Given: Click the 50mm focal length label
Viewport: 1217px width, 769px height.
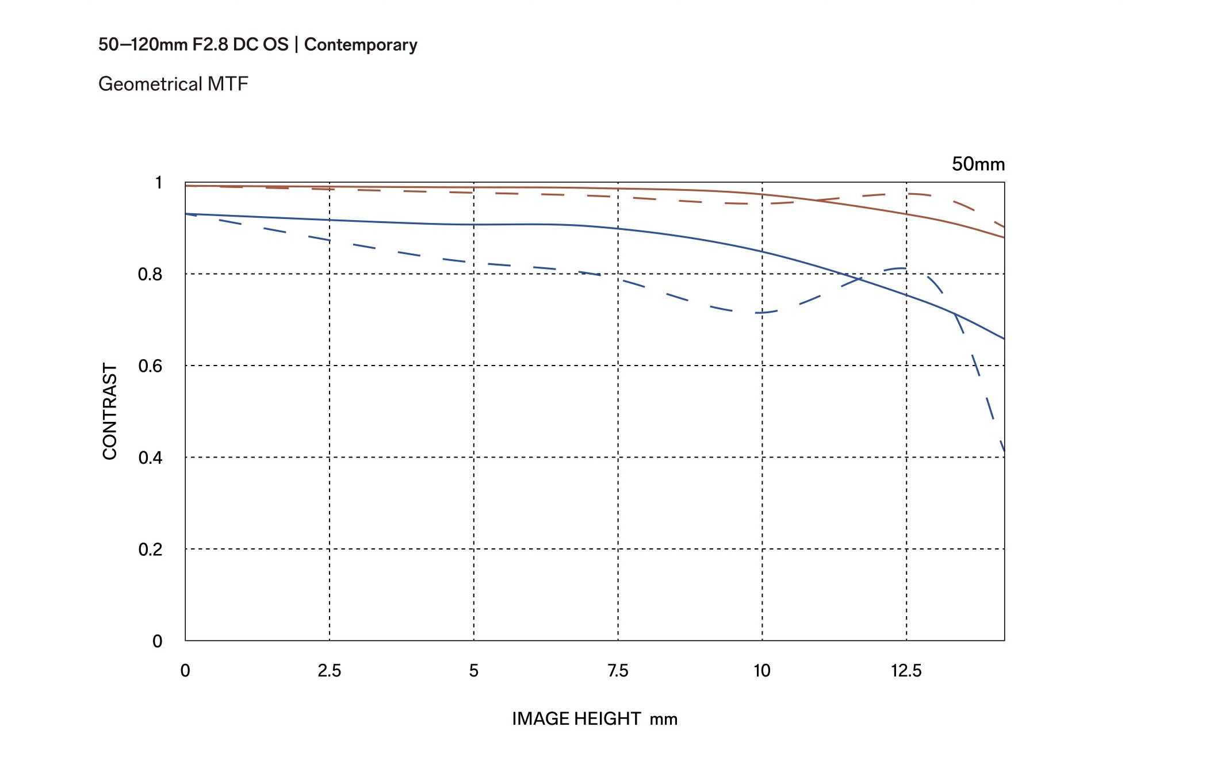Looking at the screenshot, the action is [978, 164].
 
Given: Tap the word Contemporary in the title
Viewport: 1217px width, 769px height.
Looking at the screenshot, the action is [361, 45].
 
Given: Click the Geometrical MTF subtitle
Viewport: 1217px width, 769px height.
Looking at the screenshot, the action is [173, 84].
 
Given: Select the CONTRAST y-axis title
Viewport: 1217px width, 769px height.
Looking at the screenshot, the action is [109, 411].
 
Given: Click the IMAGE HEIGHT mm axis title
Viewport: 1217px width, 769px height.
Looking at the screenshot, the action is [595, 718].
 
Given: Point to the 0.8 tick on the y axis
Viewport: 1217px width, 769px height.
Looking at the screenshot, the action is [150, 274].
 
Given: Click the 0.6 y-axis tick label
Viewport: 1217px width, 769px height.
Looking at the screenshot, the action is [150, 366].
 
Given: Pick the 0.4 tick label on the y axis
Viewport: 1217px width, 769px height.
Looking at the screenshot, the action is [150, 457].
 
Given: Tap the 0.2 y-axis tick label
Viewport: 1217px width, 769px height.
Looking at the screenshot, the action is [150, 549].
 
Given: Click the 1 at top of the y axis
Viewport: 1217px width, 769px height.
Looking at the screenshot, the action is [159, 183].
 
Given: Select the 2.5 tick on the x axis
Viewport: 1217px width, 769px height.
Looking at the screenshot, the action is [330, 671].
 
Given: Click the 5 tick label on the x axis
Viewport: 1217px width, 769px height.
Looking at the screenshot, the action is [474, 671].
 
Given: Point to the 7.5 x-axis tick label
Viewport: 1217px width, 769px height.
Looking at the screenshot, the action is [618, 671].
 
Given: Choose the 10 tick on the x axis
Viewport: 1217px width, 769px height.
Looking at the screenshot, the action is [762, 671].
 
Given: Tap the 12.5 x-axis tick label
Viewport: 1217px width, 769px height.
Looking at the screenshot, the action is [906, 671].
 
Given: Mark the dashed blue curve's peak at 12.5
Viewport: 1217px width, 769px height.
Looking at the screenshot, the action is [903, 268].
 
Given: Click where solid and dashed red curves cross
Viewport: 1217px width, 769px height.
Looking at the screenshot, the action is [817, 200].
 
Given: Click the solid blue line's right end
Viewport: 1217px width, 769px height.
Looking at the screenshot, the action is [1004, 339].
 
